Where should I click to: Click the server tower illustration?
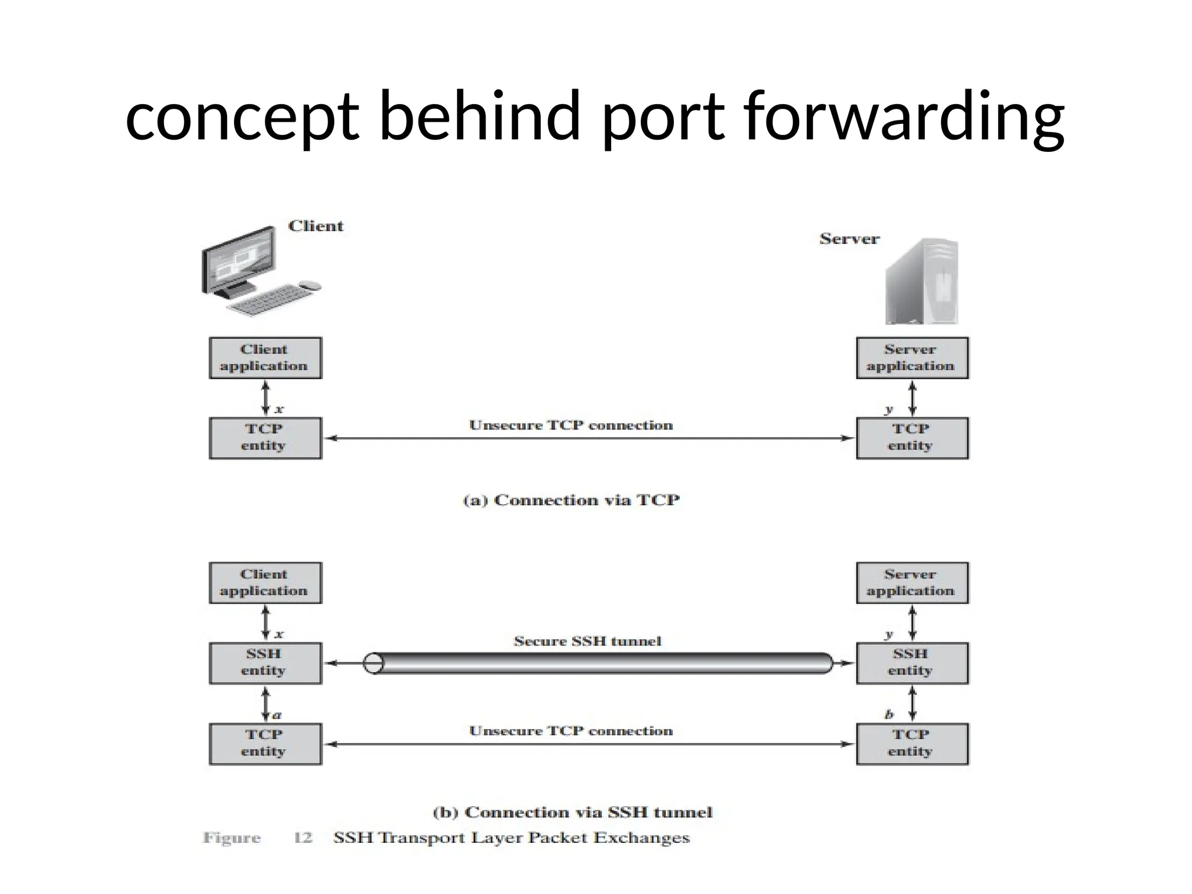point(921,282)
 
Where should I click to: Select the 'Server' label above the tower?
point(849,239)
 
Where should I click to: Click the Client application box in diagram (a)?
point(265,358)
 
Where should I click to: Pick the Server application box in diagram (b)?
point(911,583)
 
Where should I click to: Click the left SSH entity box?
point(265,663)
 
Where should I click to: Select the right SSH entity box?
point(911,663)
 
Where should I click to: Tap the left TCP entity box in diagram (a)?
point(265,438)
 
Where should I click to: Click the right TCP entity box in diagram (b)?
point(911,743)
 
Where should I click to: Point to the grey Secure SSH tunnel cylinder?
point(599,664)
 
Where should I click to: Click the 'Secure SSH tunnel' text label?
point(587,641)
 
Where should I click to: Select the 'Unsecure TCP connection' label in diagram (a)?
point(570,425)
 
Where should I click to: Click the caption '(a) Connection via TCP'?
point(570,501)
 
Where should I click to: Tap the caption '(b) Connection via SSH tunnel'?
point(573,813)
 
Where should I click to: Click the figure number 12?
point(303,838)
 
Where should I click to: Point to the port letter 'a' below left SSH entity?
point(277,715)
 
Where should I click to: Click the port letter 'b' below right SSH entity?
point(889,715)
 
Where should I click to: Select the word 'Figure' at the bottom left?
point(231,838)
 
